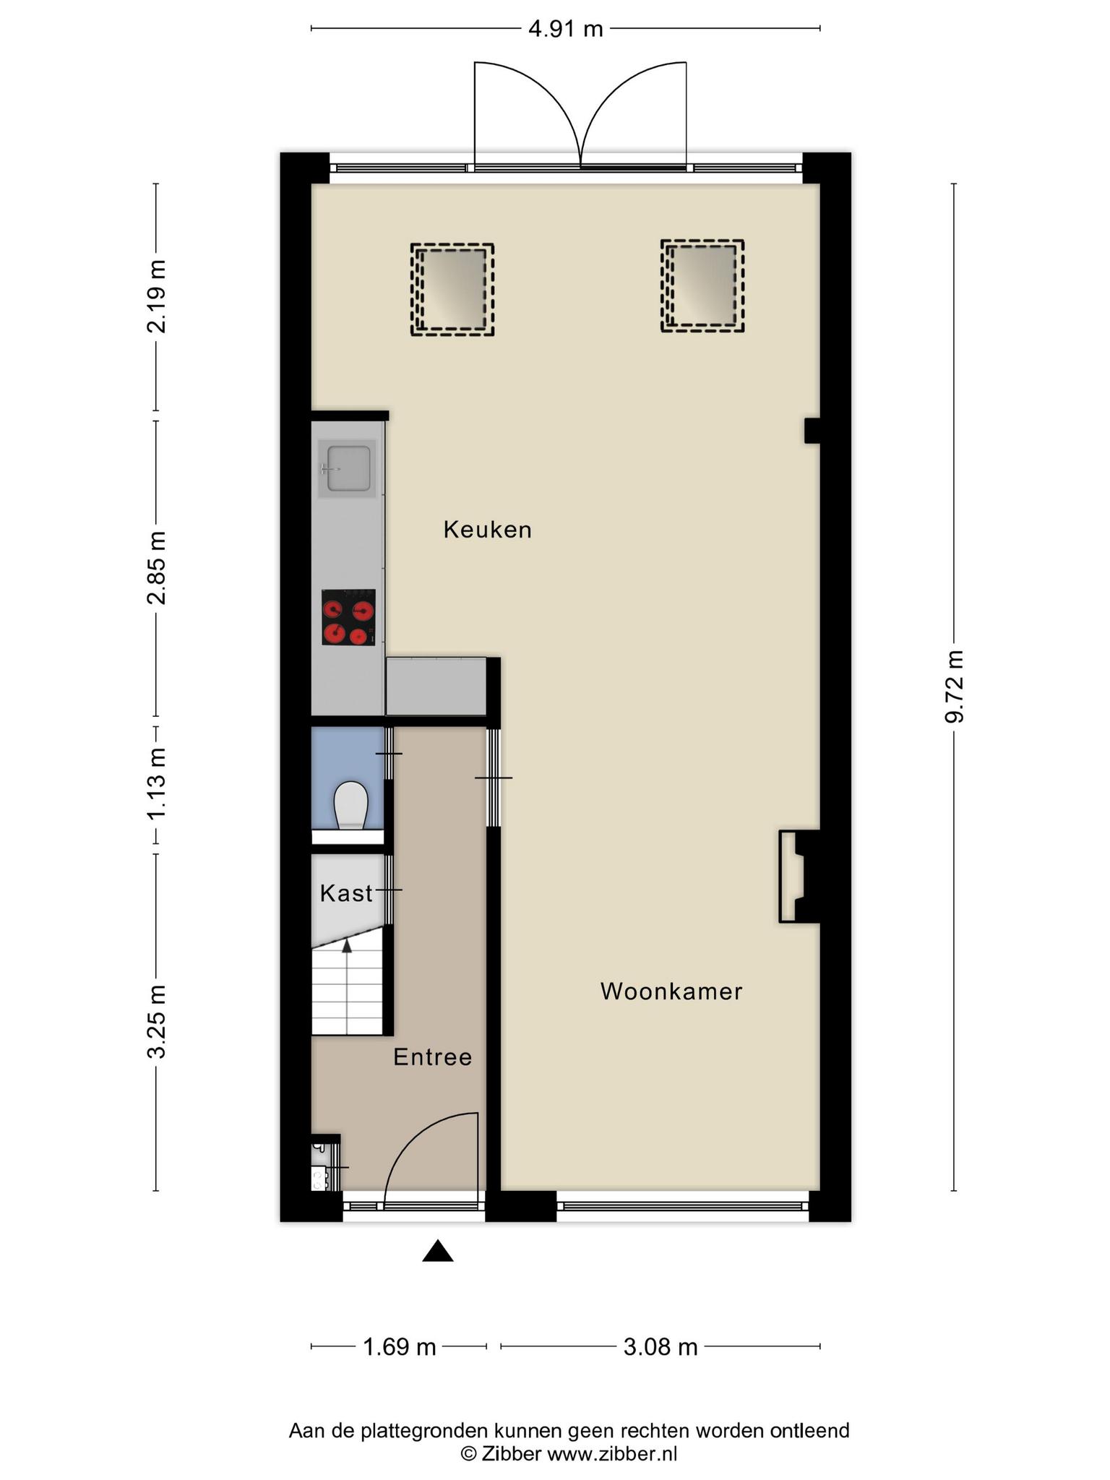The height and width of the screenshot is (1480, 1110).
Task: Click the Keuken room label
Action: [x=488, y=530]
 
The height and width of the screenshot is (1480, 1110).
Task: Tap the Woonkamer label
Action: [x=671, y=991]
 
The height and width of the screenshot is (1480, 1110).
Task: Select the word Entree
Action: [x=433, y=1057]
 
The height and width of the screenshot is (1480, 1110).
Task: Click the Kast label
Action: [x=346, y=893]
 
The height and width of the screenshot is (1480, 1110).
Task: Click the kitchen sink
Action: [x=348, y=468]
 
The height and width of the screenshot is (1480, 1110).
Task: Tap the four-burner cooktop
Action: [x=348, y=617]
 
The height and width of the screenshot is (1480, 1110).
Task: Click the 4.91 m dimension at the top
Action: [x=566, y=29]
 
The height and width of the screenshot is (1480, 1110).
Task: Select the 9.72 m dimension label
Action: [x=955, y=687]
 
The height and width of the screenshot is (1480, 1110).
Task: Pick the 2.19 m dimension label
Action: [x=157, y=296]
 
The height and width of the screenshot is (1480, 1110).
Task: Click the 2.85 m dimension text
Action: [x=157, y=567]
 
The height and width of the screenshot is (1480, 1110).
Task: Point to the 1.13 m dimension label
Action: [x=157, y=784]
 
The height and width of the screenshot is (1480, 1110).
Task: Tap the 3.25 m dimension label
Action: [x=157, y=1022]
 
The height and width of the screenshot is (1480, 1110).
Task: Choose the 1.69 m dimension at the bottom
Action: [x=399, y=1347]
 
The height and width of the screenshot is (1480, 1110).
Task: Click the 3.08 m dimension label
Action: [x=661, y=1347]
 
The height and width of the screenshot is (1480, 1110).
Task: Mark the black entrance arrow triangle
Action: [x=437, y=1251]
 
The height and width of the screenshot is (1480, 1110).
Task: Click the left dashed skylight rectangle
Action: [x=452, y=290]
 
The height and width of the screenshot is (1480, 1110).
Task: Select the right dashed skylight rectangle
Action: [x=702, y=286]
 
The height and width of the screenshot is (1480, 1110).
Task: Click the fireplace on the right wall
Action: [x=798, y=877]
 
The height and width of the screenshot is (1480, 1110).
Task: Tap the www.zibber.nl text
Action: [x=612, y=1454]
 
